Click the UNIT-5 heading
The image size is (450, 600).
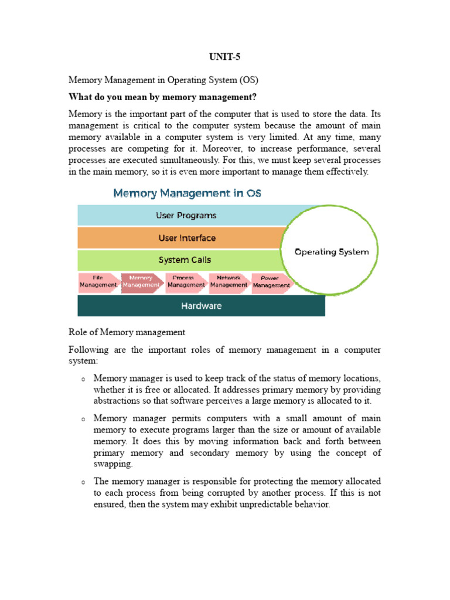[224, 57]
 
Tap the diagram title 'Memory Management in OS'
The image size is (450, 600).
[187, 193]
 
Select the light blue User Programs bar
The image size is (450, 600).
[186, 215]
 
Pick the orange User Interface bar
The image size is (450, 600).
[186, 238]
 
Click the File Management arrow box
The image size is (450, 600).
[98, 282]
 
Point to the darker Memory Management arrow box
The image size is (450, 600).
[141, 282]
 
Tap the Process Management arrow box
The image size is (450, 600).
[186, 282]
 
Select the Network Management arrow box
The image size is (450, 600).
[229, 282]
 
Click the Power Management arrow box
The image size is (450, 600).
[271, 282]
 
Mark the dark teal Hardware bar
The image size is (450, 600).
[201, 305]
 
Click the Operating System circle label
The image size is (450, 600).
[332, 252]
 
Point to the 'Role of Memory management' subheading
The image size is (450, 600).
[127, 332]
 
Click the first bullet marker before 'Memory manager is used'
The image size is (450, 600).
[83, 379]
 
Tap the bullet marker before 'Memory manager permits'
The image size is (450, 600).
[83, 420]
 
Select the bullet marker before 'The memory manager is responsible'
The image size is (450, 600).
[83, 482]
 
